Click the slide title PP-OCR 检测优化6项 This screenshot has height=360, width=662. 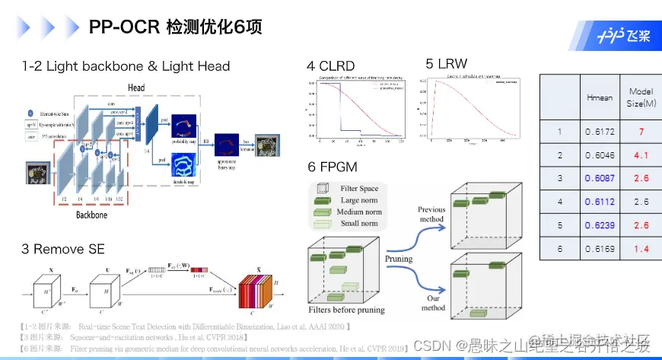176,28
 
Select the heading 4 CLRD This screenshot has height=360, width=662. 330,66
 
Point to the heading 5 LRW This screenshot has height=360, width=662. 447,64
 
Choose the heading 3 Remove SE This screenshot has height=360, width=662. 63,249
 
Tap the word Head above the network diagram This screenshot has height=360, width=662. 136,88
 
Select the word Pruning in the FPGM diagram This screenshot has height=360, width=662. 398,259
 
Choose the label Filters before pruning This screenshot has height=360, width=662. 346,310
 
